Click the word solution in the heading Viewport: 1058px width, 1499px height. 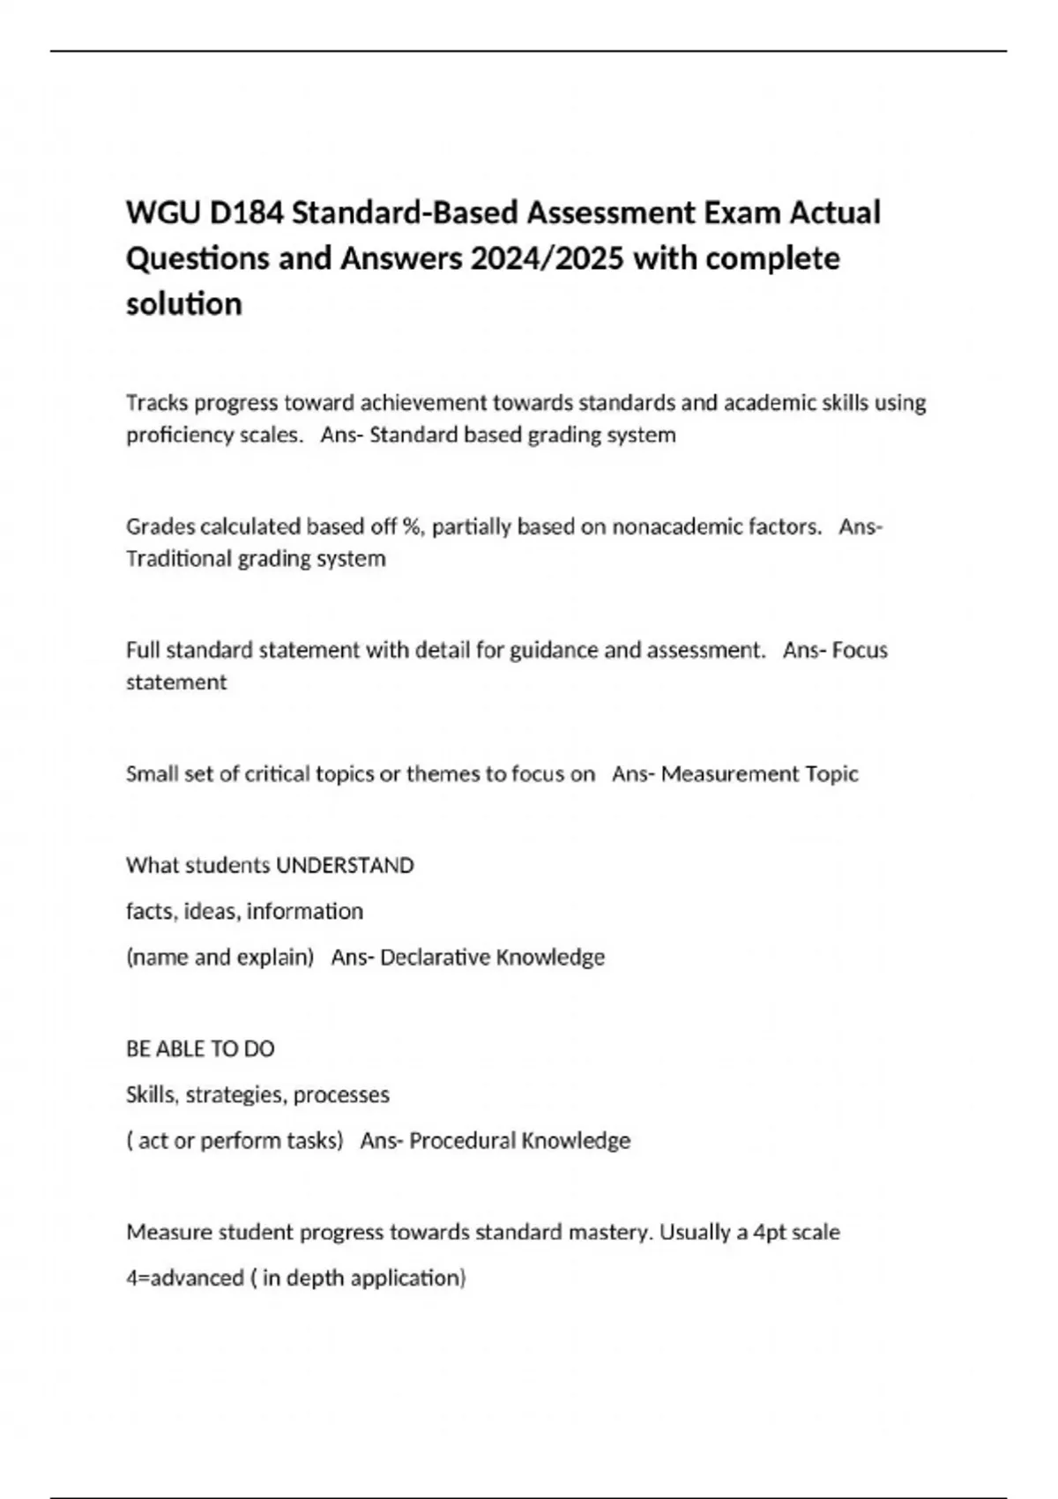[184, 304]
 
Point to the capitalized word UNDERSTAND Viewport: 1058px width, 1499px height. [345, 866]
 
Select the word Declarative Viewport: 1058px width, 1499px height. [435, 958]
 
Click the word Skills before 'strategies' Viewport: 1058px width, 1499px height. [153, 1095]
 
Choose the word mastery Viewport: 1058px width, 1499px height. [610, 1233]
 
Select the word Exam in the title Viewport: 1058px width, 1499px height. [738, 213]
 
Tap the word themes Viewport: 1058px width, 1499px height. [443, 774]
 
